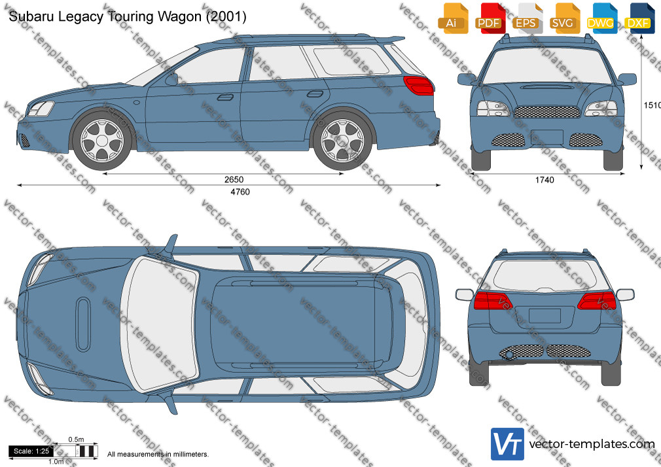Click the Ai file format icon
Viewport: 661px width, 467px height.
(453, 18)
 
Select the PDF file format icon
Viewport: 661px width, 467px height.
(490, 18)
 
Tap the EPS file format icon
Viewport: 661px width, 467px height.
(527, 18)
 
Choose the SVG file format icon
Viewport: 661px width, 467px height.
(564, 18)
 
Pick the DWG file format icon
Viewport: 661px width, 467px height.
(601, 18)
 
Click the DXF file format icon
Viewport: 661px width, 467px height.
(639, 18)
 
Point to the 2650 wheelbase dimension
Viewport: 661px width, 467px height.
(234, 180)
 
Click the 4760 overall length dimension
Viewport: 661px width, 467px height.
(240, 192)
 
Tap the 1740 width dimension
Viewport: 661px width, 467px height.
(545, 180)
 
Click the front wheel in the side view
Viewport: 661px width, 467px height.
(102, 141)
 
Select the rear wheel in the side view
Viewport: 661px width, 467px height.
(342, 141)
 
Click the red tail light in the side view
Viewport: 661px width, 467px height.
(418, 86)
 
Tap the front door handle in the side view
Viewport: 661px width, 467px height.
(225, 97)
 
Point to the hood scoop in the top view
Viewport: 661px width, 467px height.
(83, 324)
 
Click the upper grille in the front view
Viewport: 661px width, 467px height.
(546, 112)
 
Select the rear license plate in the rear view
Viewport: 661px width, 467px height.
(545, 316)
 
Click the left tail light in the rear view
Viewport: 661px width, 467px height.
(493, 300)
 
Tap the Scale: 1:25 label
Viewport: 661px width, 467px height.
(31, 451)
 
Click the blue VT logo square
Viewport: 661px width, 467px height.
(508, 444)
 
